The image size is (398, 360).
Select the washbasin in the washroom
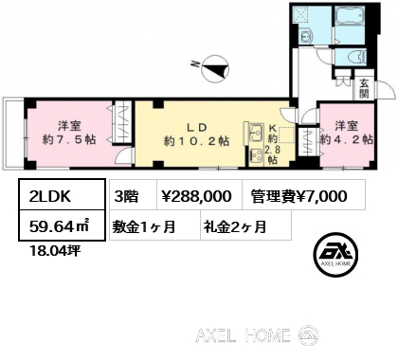tap(306, 37)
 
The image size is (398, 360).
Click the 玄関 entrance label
tap(364, 88)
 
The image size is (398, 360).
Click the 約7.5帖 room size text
tap(69, 139)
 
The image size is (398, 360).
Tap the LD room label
tap(196, 128)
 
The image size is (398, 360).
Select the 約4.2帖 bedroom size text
tap(347, 139)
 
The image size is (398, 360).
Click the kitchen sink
tap(256, 133)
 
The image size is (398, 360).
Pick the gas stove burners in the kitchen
tap(256, 154)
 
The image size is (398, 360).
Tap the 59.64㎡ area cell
tap(62, 225)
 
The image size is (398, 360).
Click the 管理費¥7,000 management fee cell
tap(303, 196)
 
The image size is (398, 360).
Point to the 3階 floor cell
tap(133, 196)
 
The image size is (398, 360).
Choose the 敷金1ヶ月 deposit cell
tap(154, 226)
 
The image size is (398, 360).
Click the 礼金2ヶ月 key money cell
tap(245, 226)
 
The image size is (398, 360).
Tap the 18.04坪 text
tap(55, 251)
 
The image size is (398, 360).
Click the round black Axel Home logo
tap(335, 254)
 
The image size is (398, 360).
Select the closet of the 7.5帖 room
tap(122, 123)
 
